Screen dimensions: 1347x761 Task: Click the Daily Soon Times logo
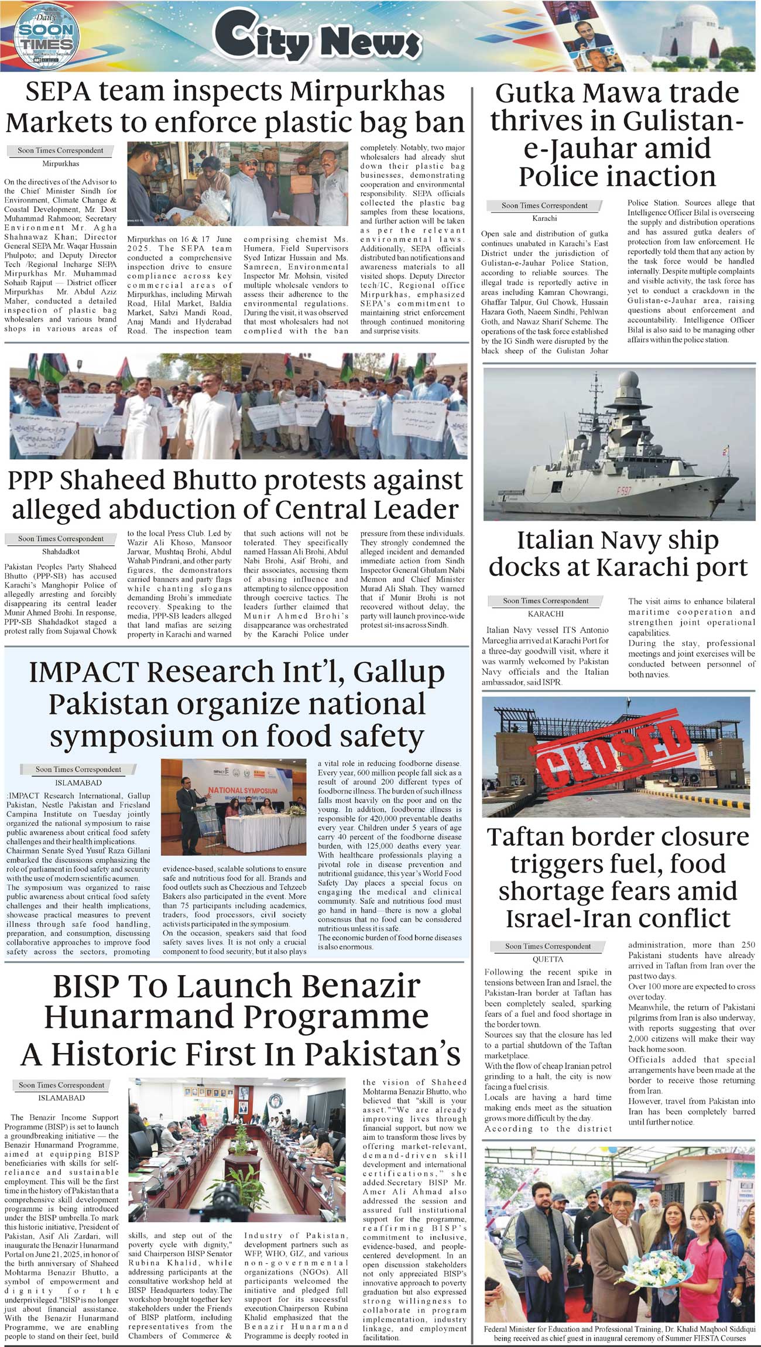coord(45,36)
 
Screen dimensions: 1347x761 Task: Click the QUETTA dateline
coord(548,959)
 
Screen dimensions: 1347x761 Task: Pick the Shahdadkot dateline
coord(61,551)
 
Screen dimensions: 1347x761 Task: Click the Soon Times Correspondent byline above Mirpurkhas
coord(60,151)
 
